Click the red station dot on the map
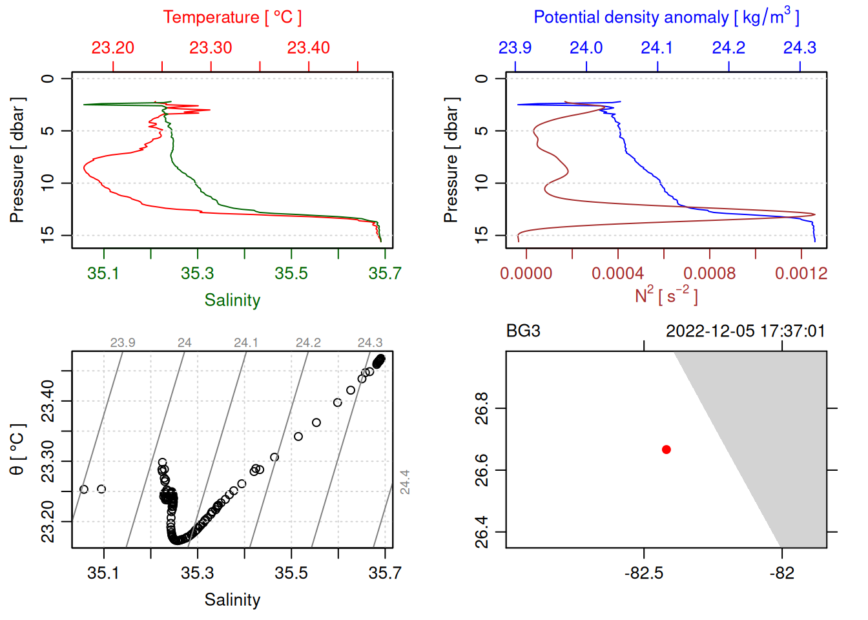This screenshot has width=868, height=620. coord(666,449)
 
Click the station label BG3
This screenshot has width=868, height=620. coord(523,331)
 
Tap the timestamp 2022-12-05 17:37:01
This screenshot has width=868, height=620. coord(745,331)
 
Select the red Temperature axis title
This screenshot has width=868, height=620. coord(232,17)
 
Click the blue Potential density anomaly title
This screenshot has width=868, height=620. coord(666,17)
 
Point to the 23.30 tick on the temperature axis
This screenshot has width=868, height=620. coord(211,48)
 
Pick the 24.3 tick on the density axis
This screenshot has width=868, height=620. coord(800,48)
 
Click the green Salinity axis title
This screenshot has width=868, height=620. coord(232,300)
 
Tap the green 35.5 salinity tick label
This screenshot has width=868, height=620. coord(291,273)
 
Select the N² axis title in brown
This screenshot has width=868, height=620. coord(666,296)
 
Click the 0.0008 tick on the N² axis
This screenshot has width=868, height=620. coord(709,273)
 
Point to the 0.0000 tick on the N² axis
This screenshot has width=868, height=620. coord(526,273)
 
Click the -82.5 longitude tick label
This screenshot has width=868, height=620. coord(643,573)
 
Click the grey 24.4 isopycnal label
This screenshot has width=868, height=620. coord(404,482)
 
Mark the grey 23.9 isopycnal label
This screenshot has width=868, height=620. coord(123,343)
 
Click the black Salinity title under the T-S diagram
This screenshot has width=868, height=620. coord(232,600)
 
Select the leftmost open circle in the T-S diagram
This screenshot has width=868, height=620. coord(84,490)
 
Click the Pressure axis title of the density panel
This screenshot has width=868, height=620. coord(451,160)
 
